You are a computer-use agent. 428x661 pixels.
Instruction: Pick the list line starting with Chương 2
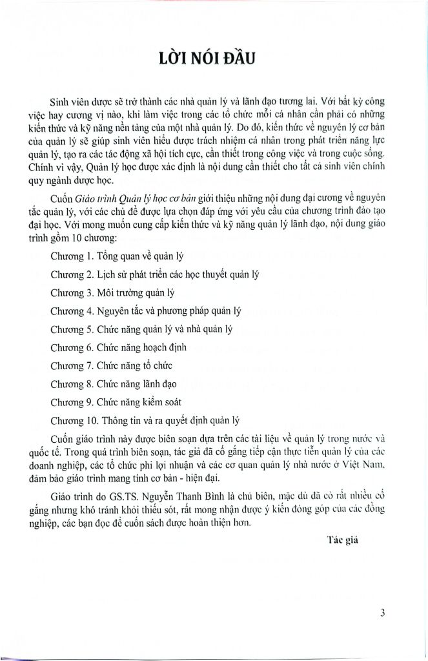coord(154,274)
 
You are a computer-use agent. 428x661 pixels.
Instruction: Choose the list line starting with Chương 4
coord(145,310)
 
